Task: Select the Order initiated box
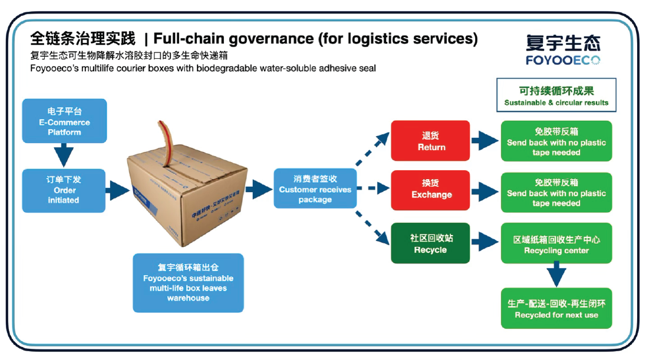[x=64, y=190]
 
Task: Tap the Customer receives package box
[x=315, y=189]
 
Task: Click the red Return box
[x=431, y=141]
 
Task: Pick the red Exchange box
[x=431, y=190]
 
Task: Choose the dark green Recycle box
[x=431, y=243]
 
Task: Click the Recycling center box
[x=556, y=243]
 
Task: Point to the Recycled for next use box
[x=556, y=308]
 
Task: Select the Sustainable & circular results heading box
[x=556, y=95]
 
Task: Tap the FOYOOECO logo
[x=563, y=50]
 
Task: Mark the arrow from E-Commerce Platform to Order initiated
[x=63, y=156]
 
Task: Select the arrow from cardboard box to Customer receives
[x=258, y=189]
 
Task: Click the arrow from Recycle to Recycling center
[x=485, y=242]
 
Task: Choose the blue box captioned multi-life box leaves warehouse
[x=188, y=282]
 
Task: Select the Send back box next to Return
[x=556, y=141]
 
